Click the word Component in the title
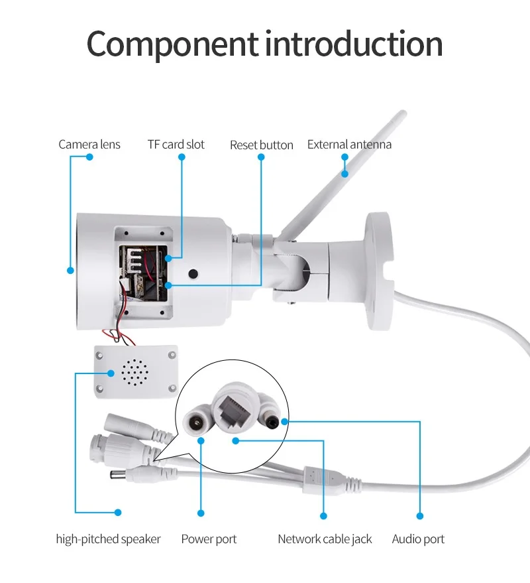(172, 44)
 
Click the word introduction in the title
(354, 44)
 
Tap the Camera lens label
(89, 145)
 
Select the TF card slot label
(176, 145)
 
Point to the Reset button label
(261, 145)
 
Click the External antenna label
(349, 145)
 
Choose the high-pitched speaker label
(108, 539)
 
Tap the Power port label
(209, 539)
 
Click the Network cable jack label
(325, 539)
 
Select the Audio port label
(418, 539)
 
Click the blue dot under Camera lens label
(90, 157)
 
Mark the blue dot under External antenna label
(345, 157)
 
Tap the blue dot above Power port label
(201, 513)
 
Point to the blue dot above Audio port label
(419, 515)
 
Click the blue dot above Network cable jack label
(324, 515)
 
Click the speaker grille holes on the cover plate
(135, 373)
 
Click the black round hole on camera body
(193, 273)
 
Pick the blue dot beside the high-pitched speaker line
(118, 512)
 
